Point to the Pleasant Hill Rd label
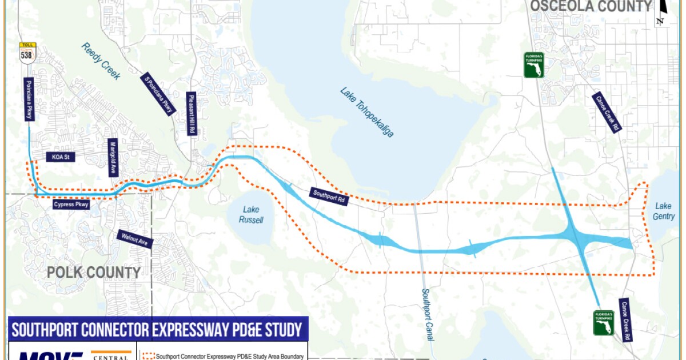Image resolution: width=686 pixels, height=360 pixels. tap(191, 114)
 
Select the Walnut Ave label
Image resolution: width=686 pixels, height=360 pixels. tap(135, 239)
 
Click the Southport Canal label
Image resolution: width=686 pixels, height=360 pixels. tap(427, 314)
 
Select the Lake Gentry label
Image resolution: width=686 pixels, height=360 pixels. tap(664, 211)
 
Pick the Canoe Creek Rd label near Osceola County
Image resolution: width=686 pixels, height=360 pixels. tap(607, 113)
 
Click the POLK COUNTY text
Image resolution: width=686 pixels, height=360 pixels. tap(93, 273)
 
